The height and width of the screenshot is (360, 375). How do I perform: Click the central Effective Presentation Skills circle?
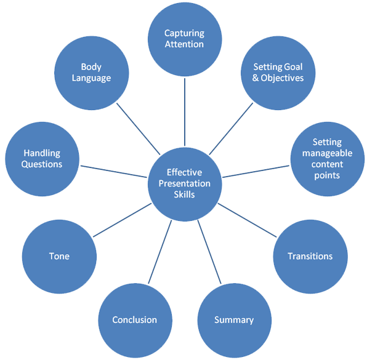coord(184,183)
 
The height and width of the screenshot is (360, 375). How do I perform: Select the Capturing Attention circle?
coord(184,38)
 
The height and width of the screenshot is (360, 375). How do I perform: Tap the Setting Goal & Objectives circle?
coord(278,73)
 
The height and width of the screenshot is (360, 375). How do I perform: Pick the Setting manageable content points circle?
coord(326,159)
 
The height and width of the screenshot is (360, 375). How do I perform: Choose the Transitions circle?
coord(310,256)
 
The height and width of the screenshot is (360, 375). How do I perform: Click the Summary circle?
coord(233,320)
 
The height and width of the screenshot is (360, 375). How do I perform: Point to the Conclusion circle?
coord(134,320)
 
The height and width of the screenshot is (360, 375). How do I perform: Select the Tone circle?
coord(58,256)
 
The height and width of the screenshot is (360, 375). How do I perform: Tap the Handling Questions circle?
coord(42,159)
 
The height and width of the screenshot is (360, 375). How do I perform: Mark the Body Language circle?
coord(91,73)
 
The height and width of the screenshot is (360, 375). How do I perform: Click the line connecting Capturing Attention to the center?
coord(184,111)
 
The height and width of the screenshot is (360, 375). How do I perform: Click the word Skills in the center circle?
coord(184,194)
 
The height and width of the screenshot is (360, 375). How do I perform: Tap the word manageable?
coord(326,153)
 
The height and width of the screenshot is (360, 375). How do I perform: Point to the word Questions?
coord(42,164)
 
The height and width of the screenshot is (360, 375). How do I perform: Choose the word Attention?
coord(184,44)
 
